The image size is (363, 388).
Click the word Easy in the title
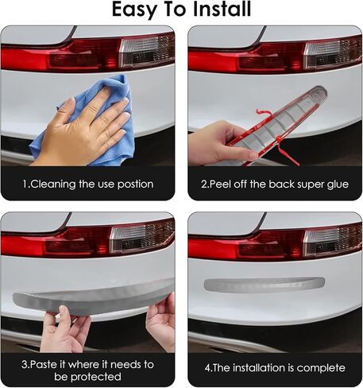(x=137, y=10)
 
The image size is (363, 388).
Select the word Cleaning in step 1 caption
(x=54, y=184)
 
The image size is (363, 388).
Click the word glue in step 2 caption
(x=334, y=184)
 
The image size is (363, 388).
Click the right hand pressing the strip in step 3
(x=161, y=318)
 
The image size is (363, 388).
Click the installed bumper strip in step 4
(x=264, y=284)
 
